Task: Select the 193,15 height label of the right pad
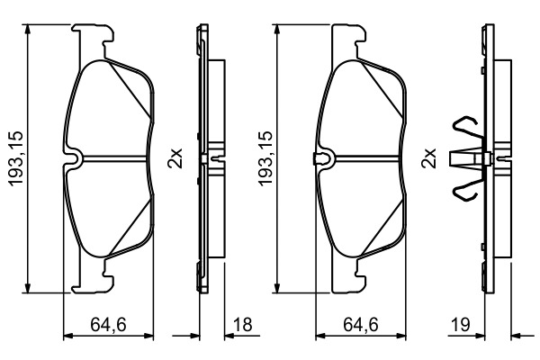pyautogui.click(x=267, y=158)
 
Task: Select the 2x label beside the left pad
pyautogui.click(x=176, y=158)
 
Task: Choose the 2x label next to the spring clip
pyautogui.click(x=429, y=158)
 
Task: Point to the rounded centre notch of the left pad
pyautogui.click(x=77, y=159)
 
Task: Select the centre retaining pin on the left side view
pyautogui.click(x=209, y=159)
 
